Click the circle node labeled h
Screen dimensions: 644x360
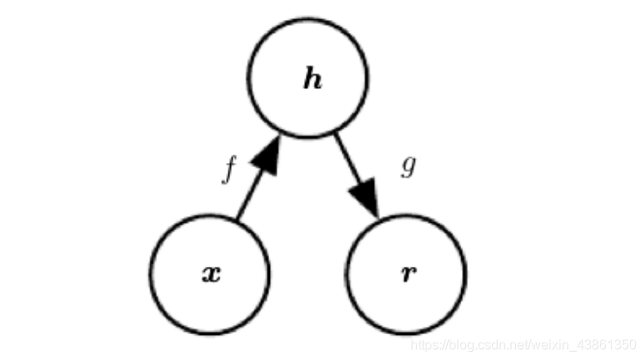point(307,77)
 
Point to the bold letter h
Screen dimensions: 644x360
point(312,81)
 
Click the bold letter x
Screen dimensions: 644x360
point(212,274)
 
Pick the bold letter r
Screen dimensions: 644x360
point(408,274)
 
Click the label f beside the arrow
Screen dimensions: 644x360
point(229,169)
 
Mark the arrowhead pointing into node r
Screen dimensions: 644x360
point(366,200)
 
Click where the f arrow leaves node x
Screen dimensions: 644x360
point(238,219)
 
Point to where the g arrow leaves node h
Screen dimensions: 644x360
point(336,133)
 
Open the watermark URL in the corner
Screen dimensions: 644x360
point(524,343)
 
